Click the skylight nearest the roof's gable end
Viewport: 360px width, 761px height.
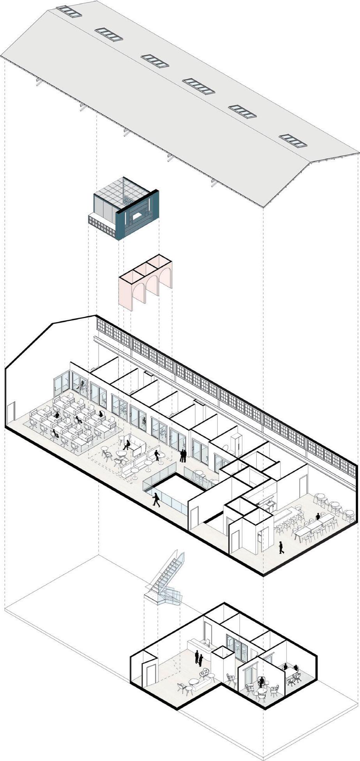[293, 141]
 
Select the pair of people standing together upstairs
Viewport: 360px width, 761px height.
[183, 455]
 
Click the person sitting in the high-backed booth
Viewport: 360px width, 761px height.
[127, 444]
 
